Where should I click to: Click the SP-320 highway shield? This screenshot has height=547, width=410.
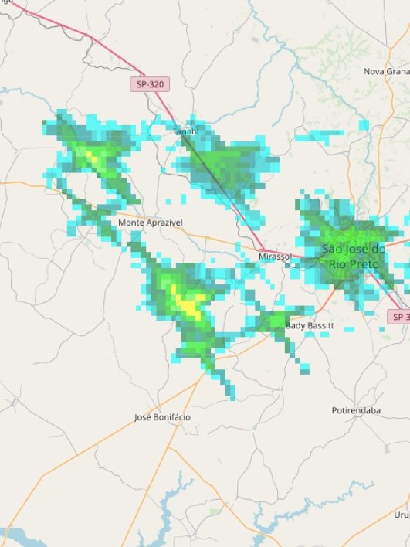pyautogui.click(x=148, y=83)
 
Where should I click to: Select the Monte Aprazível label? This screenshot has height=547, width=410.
pyautogui.click(x=151, y=222)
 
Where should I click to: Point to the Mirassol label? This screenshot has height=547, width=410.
pyautogui.click(x=275, y=255)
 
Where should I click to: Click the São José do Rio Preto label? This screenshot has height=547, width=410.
pyautogui.click(x=354, y=257)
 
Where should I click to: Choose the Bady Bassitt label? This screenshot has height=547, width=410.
pyautogui.click(x=310, y=326)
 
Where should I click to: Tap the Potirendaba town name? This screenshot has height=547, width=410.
pyautogui.click(x=356, y=410)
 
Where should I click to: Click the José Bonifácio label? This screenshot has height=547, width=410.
pyautogui.click(x=162, y=417)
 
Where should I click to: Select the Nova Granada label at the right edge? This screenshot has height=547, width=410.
pyautogui.click(x=386, y=71)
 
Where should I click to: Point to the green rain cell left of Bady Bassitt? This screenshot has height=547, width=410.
pyautogui.click(x=273, y=321)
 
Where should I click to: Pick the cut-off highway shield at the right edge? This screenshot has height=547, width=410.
pyautogui.click(x=398, y=317)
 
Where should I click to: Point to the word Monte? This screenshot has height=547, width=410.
pyautogui.click(x=130, y=222)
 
